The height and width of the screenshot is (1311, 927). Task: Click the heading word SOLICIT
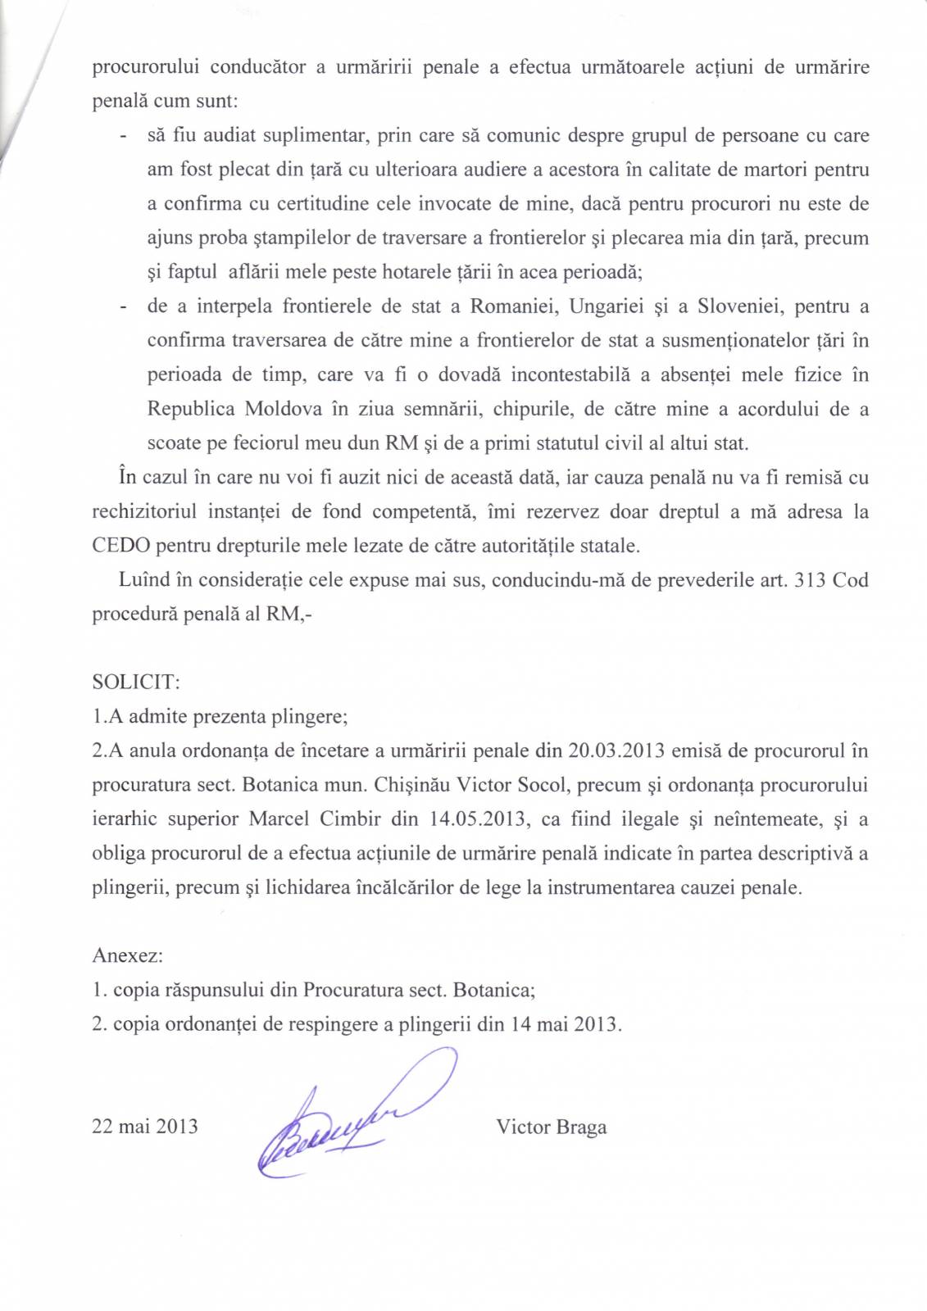pos(135,682)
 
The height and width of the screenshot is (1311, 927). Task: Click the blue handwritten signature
pos(344,1118)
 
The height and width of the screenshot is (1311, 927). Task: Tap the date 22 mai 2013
pos(145,1127)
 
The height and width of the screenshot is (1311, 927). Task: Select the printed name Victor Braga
pos(551,1127)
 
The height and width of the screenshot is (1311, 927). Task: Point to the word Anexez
pos(127,955)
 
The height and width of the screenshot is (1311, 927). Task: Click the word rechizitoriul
pos(144,511)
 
